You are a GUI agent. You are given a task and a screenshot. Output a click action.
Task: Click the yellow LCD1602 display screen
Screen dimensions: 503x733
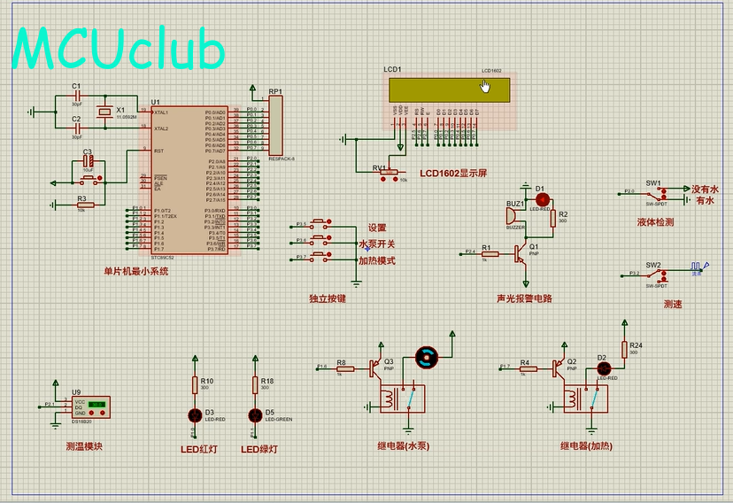point(450,90)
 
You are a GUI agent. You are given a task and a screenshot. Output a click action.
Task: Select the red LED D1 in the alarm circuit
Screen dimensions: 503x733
point(542,200)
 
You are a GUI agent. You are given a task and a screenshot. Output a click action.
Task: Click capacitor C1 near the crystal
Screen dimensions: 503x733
point(77,95)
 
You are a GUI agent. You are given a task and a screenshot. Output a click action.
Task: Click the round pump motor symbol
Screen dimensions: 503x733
point(428,358)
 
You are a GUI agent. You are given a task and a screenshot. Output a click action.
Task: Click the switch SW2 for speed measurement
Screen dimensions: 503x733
point(656,274)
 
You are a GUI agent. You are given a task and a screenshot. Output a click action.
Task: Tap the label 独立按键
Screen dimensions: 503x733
point(328,298)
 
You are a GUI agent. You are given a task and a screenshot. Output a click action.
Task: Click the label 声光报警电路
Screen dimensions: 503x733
point(524,298)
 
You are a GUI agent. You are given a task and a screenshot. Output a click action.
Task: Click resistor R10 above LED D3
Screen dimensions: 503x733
point(196,384)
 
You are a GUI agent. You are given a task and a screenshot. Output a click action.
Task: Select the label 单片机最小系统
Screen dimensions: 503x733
point(135,271)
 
